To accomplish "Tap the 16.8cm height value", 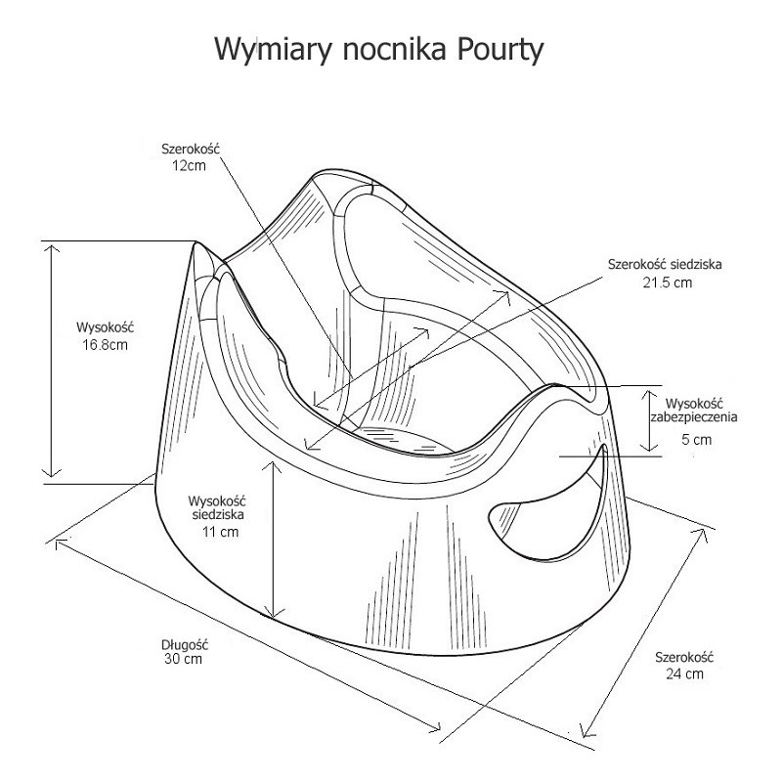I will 104,344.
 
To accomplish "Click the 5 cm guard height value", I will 696,440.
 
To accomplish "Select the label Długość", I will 185,644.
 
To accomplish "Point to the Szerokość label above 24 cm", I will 685,658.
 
